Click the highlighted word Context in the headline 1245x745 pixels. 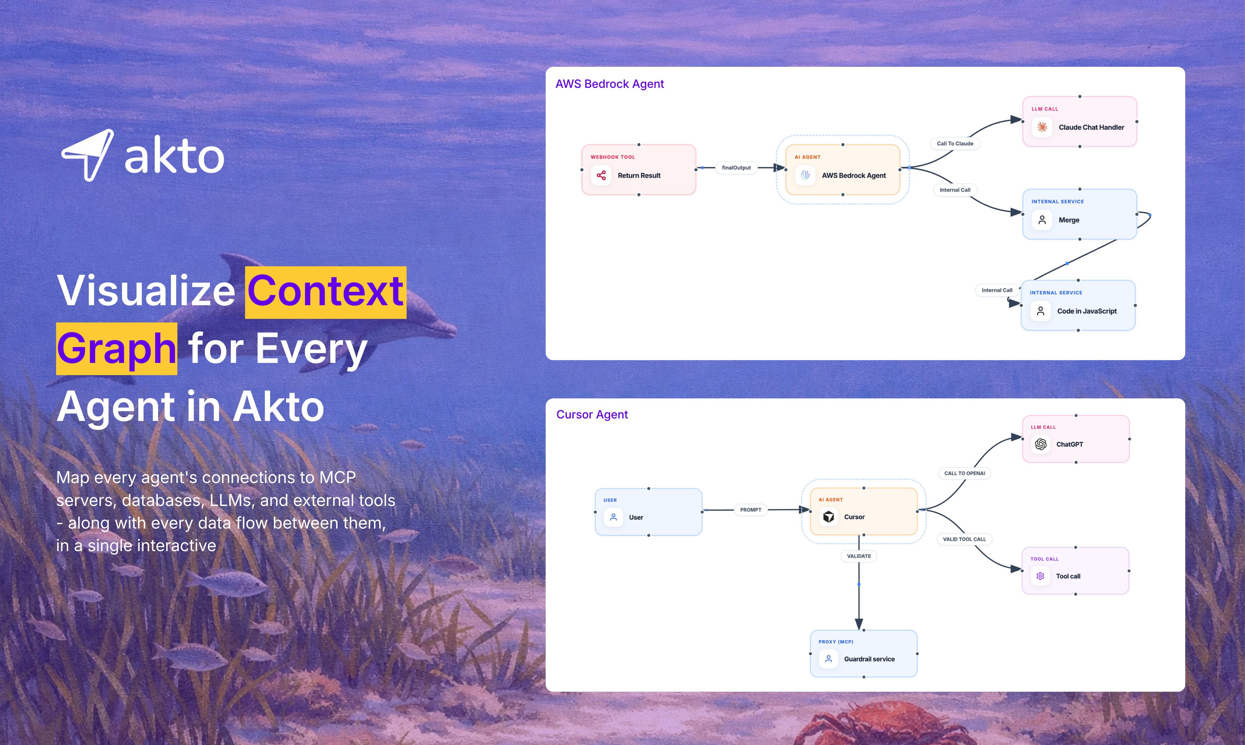point(325,292)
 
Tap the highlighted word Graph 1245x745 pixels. point(116,349)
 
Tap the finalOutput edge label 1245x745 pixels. point(736,168)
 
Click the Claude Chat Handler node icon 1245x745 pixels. point(1042,127)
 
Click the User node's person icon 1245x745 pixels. point(613,517)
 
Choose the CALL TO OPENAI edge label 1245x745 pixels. point(964,473)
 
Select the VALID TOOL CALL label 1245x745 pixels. point(964,539)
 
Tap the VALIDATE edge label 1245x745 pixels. point(859,556)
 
